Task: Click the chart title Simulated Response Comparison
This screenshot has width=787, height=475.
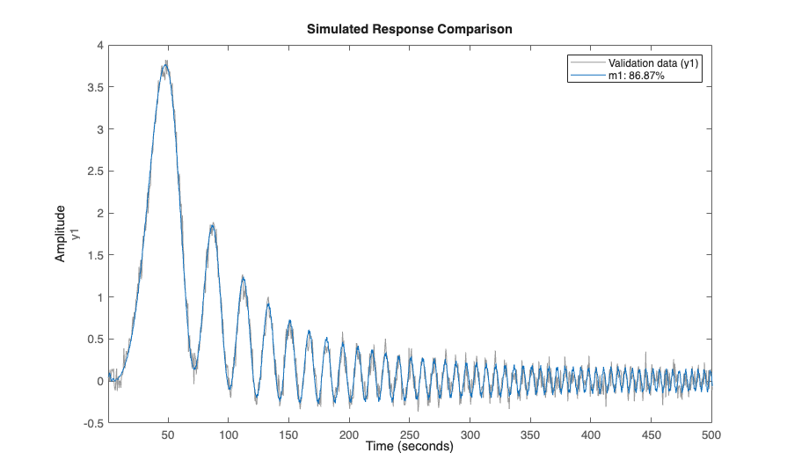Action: tap(410, 29)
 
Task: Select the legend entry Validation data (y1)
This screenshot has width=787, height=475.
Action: tap(647, 64)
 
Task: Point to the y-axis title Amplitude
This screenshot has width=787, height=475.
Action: tap(61, 233)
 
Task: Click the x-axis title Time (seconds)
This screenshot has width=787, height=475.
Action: tap(410, 447)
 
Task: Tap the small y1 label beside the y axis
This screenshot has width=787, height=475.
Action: tap(76, 233)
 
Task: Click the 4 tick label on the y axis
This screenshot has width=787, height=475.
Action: tap(100, 45)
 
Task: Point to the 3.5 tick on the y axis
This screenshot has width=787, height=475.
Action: tap(96, 87)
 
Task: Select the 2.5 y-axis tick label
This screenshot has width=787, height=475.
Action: tap(96, 171)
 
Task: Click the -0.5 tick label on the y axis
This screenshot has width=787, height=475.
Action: tap(93, 423)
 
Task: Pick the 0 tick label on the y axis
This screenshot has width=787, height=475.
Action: tap(100, 381)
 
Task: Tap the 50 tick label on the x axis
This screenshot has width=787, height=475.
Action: tap(168, 435)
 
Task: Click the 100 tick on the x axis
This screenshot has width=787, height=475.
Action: tap(229, 435)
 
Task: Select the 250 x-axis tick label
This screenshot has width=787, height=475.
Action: tap(410, 435)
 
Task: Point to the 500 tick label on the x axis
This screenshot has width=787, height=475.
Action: tap(711, 435)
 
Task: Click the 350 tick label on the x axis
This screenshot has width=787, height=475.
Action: tap(530, 435)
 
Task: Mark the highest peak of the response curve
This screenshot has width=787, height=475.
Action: tap(165, 63)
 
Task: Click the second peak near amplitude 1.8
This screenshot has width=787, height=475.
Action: tap(212, 225)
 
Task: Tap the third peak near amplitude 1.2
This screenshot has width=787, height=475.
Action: tap(243, 278)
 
